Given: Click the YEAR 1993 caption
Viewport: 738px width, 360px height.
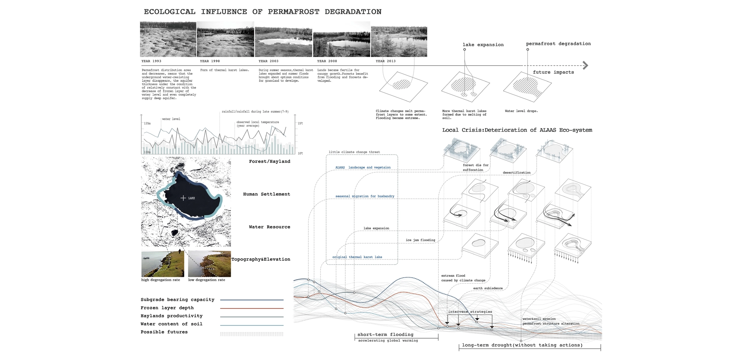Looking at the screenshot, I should (x=151, y=61).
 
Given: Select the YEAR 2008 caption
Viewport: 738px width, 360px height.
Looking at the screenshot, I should (x=327, y=61).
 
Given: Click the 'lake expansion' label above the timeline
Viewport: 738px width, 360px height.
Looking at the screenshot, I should (x=483, y=45).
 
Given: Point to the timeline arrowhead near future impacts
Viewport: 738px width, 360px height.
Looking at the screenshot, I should (x=585, y=65).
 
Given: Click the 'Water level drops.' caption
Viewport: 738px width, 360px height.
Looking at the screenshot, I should (x=521, y=111).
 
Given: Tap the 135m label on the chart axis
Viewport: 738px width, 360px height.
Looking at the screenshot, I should (x=147, y=123).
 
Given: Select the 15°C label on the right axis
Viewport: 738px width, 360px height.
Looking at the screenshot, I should (x=300, y=123).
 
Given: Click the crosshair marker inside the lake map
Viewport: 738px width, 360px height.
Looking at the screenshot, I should (x=183, y=198).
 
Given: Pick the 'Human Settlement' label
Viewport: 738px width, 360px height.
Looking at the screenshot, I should (x=266, y=194).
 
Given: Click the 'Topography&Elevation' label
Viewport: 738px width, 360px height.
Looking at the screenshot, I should (x=261, y=259).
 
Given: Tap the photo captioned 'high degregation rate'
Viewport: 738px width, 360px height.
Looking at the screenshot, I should (x=163, y=264).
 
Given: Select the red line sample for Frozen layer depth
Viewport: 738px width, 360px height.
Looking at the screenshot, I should (x=252, y=308).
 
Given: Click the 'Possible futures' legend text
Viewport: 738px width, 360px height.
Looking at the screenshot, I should (x=164, y=332).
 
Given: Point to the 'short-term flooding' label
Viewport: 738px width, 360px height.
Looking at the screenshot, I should (x=385, y=334).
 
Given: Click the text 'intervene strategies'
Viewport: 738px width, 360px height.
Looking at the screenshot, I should (x=470, y=311).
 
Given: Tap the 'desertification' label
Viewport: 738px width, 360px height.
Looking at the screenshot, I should (x=516, y=172).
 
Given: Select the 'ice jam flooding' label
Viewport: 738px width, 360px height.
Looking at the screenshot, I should (x=420, y=240).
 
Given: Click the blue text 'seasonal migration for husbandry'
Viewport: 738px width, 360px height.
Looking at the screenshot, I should (x=364, y=196).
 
